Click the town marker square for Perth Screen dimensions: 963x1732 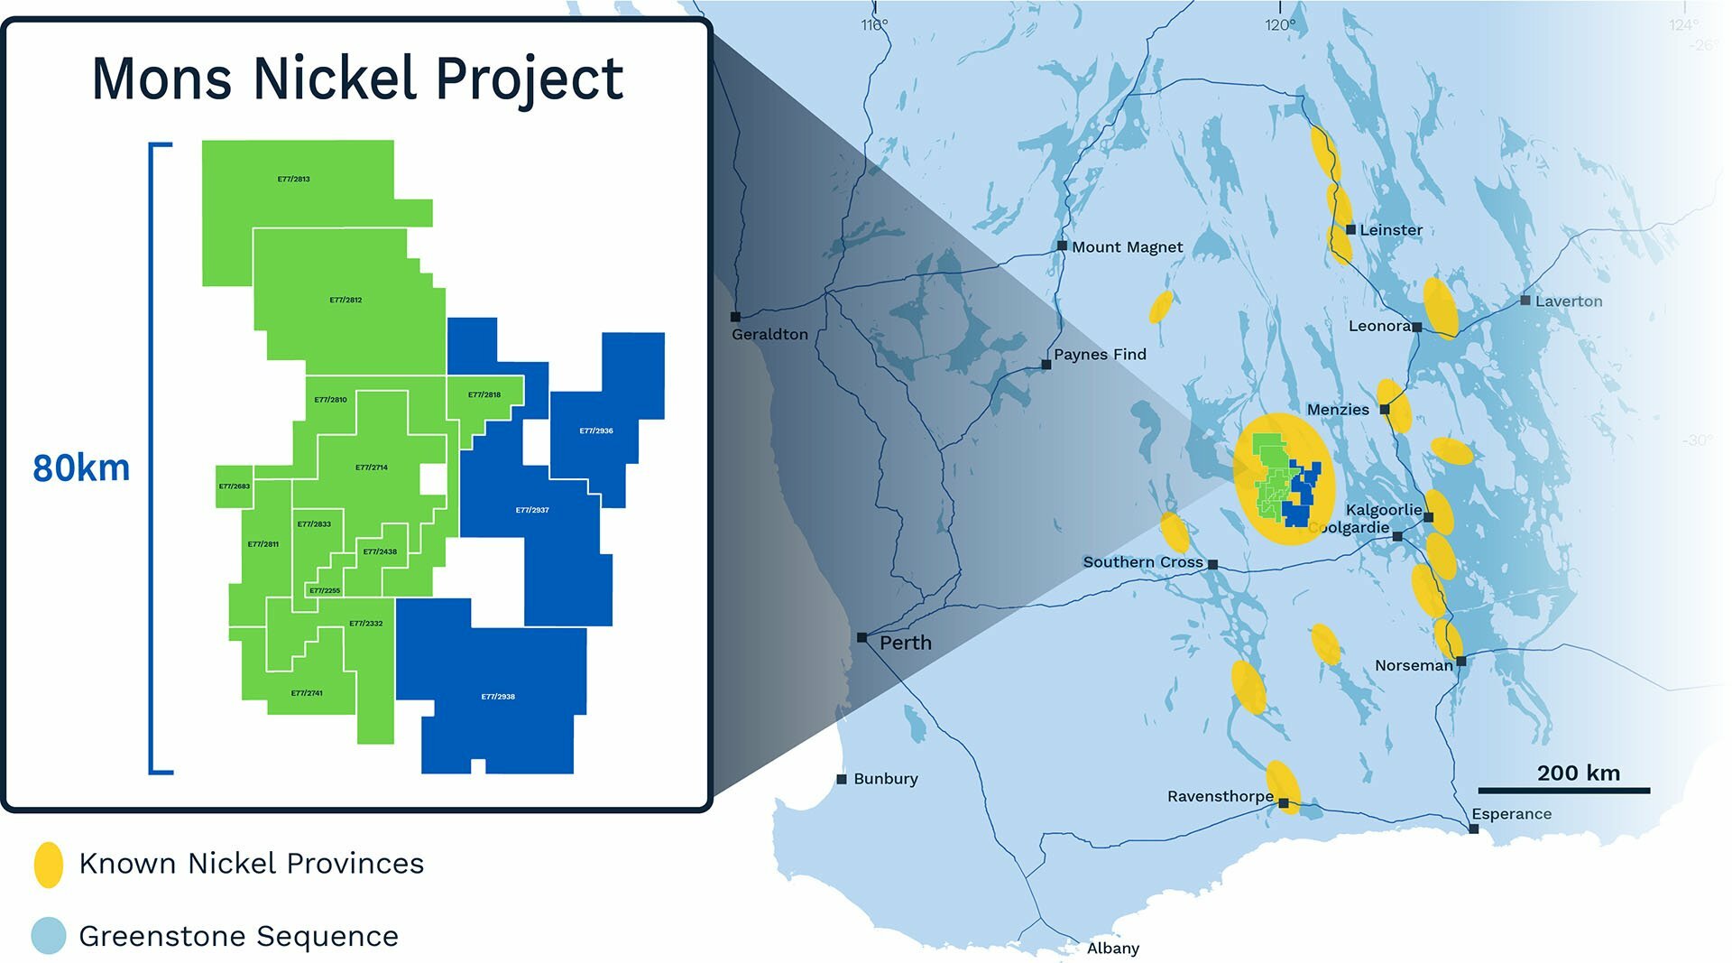861,637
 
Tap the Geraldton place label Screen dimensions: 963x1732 769,334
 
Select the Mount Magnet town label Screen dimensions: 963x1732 1127,247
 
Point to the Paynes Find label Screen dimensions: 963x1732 1100,355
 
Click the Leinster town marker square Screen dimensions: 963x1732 1350,229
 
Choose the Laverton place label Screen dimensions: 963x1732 1569,301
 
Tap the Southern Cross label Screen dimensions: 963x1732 1143,562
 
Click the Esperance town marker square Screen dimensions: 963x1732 1474,829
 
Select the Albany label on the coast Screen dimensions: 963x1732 1113,949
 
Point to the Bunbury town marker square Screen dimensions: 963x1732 842,779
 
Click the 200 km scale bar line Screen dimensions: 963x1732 1563,791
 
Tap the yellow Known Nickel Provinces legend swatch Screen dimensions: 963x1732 49,864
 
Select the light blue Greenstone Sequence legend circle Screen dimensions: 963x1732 49,936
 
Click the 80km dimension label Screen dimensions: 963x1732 81,468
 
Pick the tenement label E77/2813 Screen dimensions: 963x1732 294,180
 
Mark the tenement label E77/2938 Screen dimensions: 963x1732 498,697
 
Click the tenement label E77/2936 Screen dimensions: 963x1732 596,431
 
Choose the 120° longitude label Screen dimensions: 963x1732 1279,25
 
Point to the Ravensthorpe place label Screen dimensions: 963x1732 1221,797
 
